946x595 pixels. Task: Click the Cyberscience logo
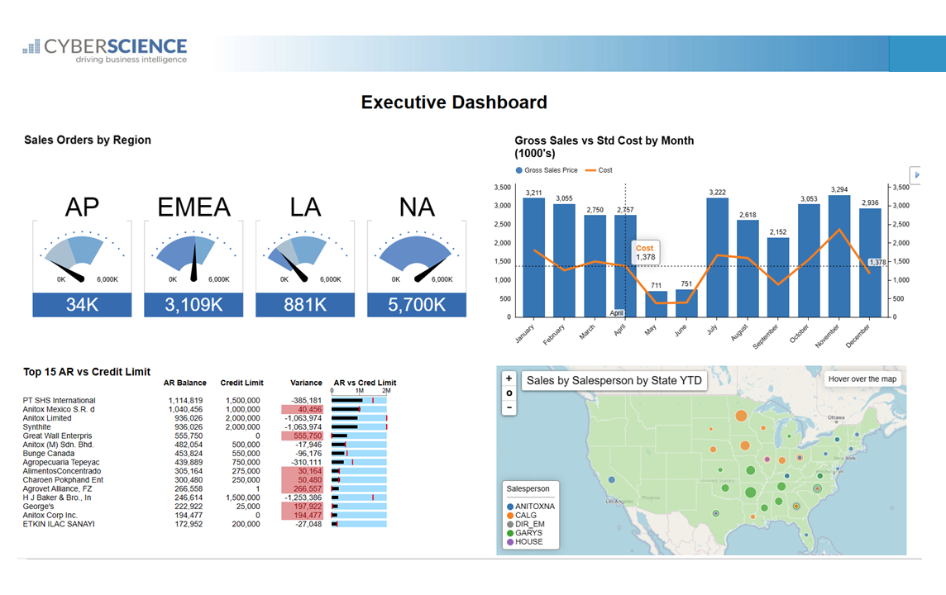tap(105, 50)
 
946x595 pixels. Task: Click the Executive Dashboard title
tap(454, 102)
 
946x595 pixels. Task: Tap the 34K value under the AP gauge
tap(82, 305)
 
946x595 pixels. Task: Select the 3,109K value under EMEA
tap(193, 305)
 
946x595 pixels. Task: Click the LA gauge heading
tap(305, 207)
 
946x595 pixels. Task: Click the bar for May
tap(656, 303)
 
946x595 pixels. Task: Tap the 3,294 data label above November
tap(839, 189)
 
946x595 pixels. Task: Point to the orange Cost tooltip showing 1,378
tap(645, 253)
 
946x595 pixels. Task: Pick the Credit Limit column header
tap(241, 383)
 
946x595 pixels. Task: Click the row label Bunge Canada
tap(49, 454)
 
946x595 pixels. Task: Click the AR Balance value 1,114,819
tap(184, 401)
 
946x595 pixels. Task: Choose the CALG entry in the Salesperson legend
tap(525, 516)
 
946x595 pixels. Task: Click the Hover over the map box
tap(862, 379)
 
